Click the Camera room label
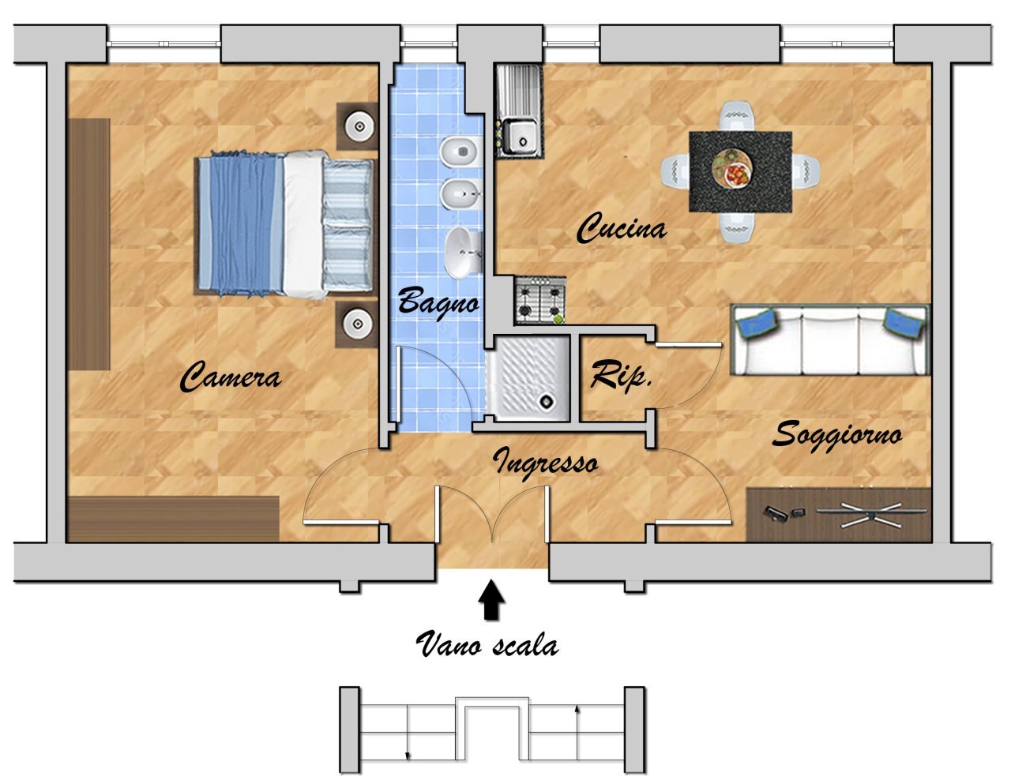(x=231, y=377)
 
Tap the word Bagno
(x=438, y=302)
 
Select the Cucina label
(x=622, y=228)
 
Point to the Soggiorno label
(x=837, y=436)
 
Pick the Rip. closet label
(x=621, y=375)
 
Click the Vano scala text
(x=487, y=644)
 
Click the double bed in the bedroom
(x=284, y=223)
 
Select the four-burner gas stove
(x=540, y=300)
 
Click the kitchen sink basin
(x=521, y=137)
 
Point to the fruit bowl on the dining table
(x=732, y=167)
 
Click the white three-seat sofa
(x=830, y=340)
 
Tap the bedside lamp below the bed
(x=357, y=324)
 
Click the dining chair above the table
(x=738, y=116)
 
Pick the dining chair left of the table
(x=675, y=171)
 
